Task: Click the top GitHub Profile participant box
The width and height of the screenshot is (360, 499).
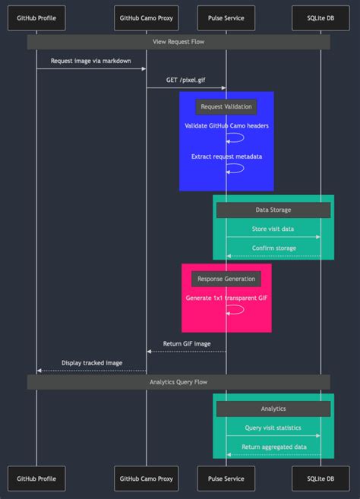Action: [36, 17]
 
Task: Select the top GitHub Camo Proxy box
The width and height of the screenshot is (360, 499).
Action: [147, 17]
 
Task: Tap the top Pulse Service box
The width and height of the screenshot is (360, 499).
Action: [226, 17]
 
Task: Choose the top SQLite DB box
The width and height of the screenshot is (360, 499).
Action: [321, 17]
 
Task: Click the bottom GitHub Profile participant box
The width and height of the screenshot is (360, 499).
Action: [36, 479]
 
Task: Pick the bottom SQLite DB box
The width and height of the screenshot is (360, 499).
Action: [321, 479]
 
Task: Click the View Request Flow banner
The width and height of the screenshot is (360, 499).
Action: [178, 42]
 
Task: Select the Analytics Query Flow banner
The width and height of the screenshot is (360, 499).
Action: [178, 382]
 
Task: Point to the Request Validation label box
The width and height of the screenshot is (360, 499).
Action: [226, 106]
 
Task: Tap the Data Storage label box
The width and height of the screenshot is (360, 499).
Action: [273, 210]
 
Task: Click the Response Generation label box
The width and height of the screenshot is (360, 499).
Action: [226, 279]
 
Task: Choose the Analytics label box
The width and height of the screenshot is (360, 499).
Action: [273, 409]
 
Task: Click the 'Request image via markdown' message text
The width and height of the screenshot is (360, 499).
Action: [91, 60]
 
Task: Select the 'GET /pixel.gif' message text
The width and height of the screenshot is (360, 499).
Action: [186, 79]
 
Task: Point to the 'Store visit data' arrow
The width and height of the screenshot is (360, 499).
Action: [273, 237]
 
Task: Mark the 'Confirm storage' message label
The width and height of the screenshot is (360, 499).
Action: [273, 248]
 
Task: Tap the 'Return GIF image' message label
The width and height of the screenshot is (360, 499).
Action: [187, 343]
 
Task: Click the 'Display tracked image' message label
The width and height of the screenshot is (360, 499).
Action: [91, 362]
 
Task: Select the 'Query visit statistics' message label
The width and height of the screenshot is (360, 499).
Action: [273, 428]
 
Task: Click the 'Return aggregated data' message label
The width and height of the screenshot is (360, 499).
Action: [273, 447]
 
